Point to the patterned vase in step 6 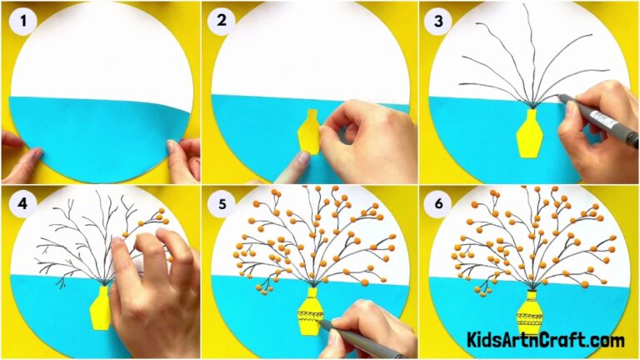pos(529,314)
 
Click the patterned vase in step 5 pos(310,312)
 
